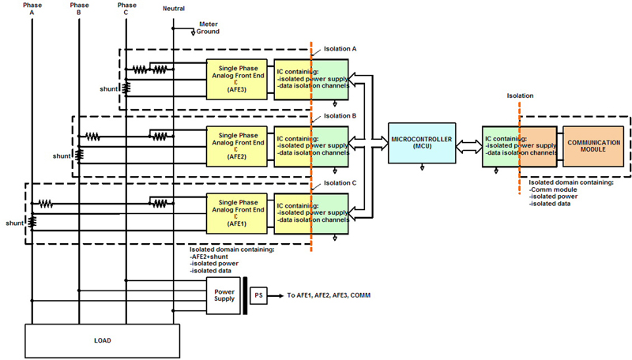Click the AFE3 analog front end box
pyautogui.click(x=236, y=79)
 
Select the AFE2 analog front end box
pyautogui.click(x=236, y=147)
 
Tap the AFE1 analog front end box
pyautogui.click(x=236, y=213)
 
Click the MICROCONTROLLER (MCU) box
pyautogui.click(x=422, y=143)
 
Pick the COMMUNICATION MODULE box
pyautogui.click(x=593, y=146)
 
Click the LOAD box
pyautogui.click(x=103, y=341)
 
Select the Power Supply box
pyautogui.click(x=224, y=295)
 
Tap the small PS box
pyautogui.click(x=258, y=295)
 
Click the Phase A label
pyautogui.click(x=32, y=9)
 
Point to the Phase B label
pyautogui.click(x=80, y=9)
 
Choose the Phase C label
pyautogui.click(x=127, y=9)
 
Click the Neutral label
pyautogui.click(x=174, y=9)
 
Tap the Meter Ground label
pyautogui.click(x=208, y=28)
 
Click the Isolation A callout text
pyautogui.click(x=340, y=49)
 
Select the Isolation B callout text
pyautogui.click(x=340, y=116)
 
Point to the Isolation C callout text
pyautogui.click(x=340, y=183)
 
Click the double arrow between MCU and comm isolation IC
pyautogui.click(x=469, y=147)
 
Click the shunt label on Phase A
pyautogui.click(x=14, y=223)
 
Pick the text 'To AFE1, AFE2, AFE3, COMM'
pyautogui.click(x=329, y=295)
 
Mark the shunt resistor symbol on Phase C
pyautogui.click(x=126, y=88)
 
